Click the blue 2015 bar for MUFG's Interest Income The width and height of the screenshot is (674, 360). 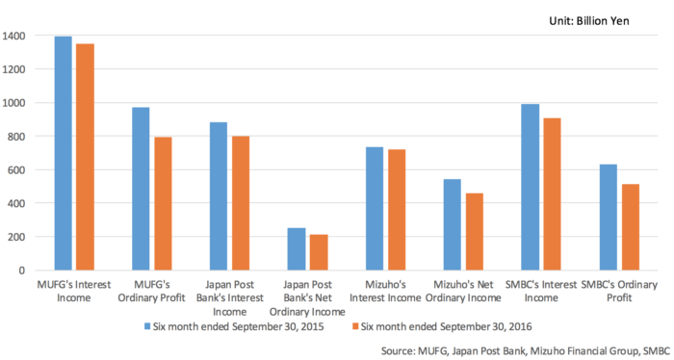[64, 154]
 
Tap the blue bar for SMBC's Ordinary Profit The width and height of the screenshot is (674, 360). [608, 218]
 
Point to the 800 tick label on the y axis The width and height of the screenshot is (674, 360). [18, 137]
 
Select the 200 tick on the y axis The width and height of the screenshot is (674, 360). [18, 237]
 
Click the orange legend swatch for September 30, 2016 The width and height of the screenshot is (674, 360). [353, 326]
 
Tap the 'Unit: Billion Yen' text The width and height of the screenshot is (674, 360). [612, 20]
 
